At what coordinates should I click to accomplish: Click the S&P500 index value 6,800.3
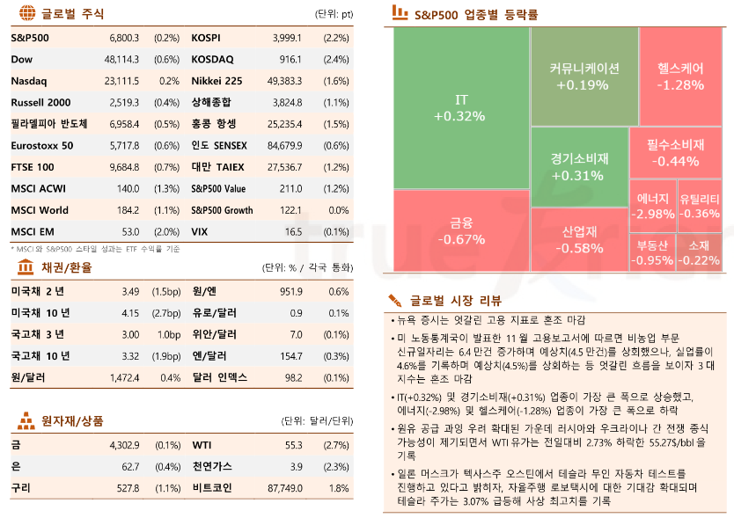[x=123, y=38]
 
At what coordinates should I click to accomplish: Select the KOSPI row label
[x=205, y=38]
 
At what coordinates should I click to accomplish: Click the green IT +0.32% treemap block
[x=459, y=106]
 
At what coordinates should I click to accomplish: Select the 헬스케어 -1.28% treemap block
[x=680, y=76]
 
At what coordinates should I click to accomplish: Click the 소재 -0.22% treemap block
[x=700, y=252]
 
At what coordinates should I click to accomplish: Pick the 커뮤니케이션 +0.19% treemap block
[x=584, y=76]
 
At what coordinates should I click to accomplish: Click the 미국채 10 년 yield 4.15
[x=130, y=312]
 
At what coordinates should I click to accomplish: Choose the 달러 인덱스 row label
[x=219, y=376]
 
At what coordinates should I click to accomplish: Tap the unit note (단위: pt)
[x=333, y=14]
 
